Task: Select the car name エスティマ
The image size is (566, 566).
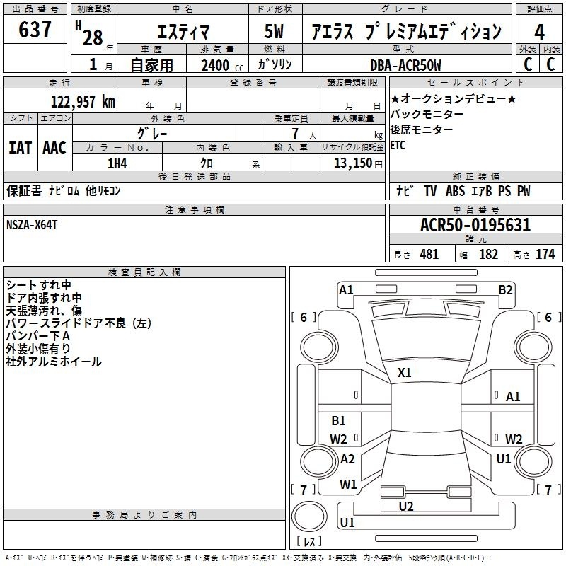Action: [x=182, y=32]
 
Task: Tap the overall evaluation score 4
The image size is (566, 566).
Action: [x=540, y=32]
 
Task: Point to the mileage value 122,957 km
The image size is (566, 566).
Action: [x=83, y=101]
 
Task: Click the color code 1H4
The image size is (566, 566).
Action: [x=117, y=163]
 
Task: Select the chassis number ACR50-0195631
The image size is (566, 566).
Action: [x=475, y=226]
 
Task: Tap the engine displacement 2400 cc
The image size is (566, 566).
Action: [x=216, y=65]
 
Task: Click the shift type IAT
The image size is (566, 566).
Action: [x=20, y=147]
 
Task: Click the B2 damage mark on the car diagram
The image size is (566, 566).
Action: [x=505, y=289]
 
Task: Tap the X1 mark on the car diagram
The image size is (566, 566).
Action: [x=405, y=372]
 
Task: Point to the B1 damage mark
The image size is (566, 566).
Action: [x=339, y=421]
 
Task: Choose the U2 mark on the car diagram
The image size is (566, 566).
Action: [x=406, y=506]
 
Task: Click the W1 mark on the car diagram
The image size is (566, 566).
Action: [x=347, y=485]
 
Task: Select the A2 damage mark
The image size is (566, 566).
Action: [x=347, y=458]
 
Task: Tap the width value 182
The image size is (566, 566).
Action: [x=488, y=255]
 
